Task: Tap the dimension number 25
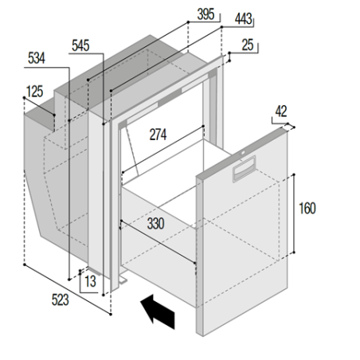click(x=248, y=47)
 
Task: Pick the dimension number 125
click(x=33, y=92)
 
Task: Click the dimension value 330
click(x=155, y=225)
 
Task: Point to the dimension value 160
click(x=307, y=209)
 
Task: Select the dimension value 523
click(x=61, y=299)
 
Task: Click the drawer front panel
click(x=247, y=239)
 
